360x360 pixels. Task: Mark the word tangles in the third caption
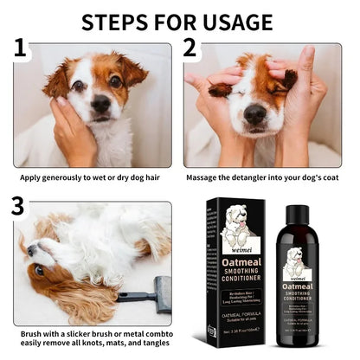(x=156, y=345)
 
